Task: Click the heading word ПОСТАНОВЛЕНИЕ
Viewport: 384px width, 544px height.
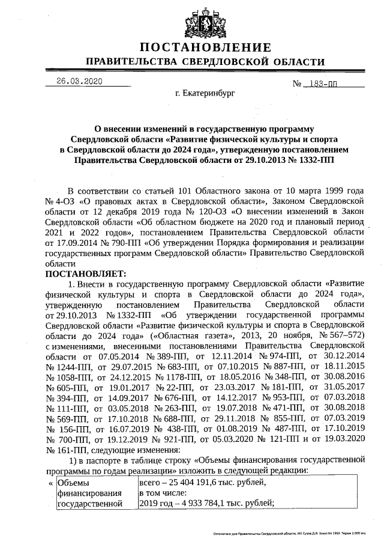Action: [x=206, y=47]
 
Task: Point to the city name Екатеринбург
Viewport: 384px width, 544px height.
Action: [x=205, y=94]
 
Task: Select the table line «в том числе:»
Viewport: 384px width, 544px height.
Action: [x=164, y=493]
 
